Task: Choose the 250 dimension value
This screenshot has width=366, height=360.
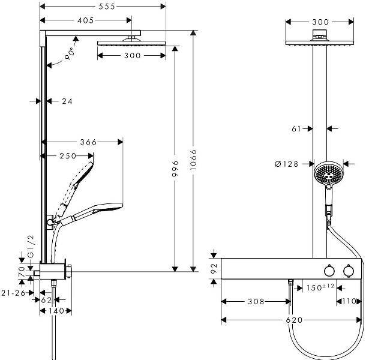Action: coord(68,156)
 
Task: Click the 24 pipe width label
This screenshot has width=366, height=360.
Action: coord(67,101)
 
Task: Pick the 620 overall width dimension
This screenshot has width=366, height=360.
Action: coord(293,320)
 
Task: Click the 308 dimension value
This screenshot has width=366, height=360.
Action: coord(256,302)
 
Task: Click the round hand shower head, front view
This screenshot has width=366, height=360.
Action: coord(328,174)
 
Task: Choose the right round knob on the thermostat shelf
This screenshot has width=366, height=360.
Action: coord(347,271)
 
